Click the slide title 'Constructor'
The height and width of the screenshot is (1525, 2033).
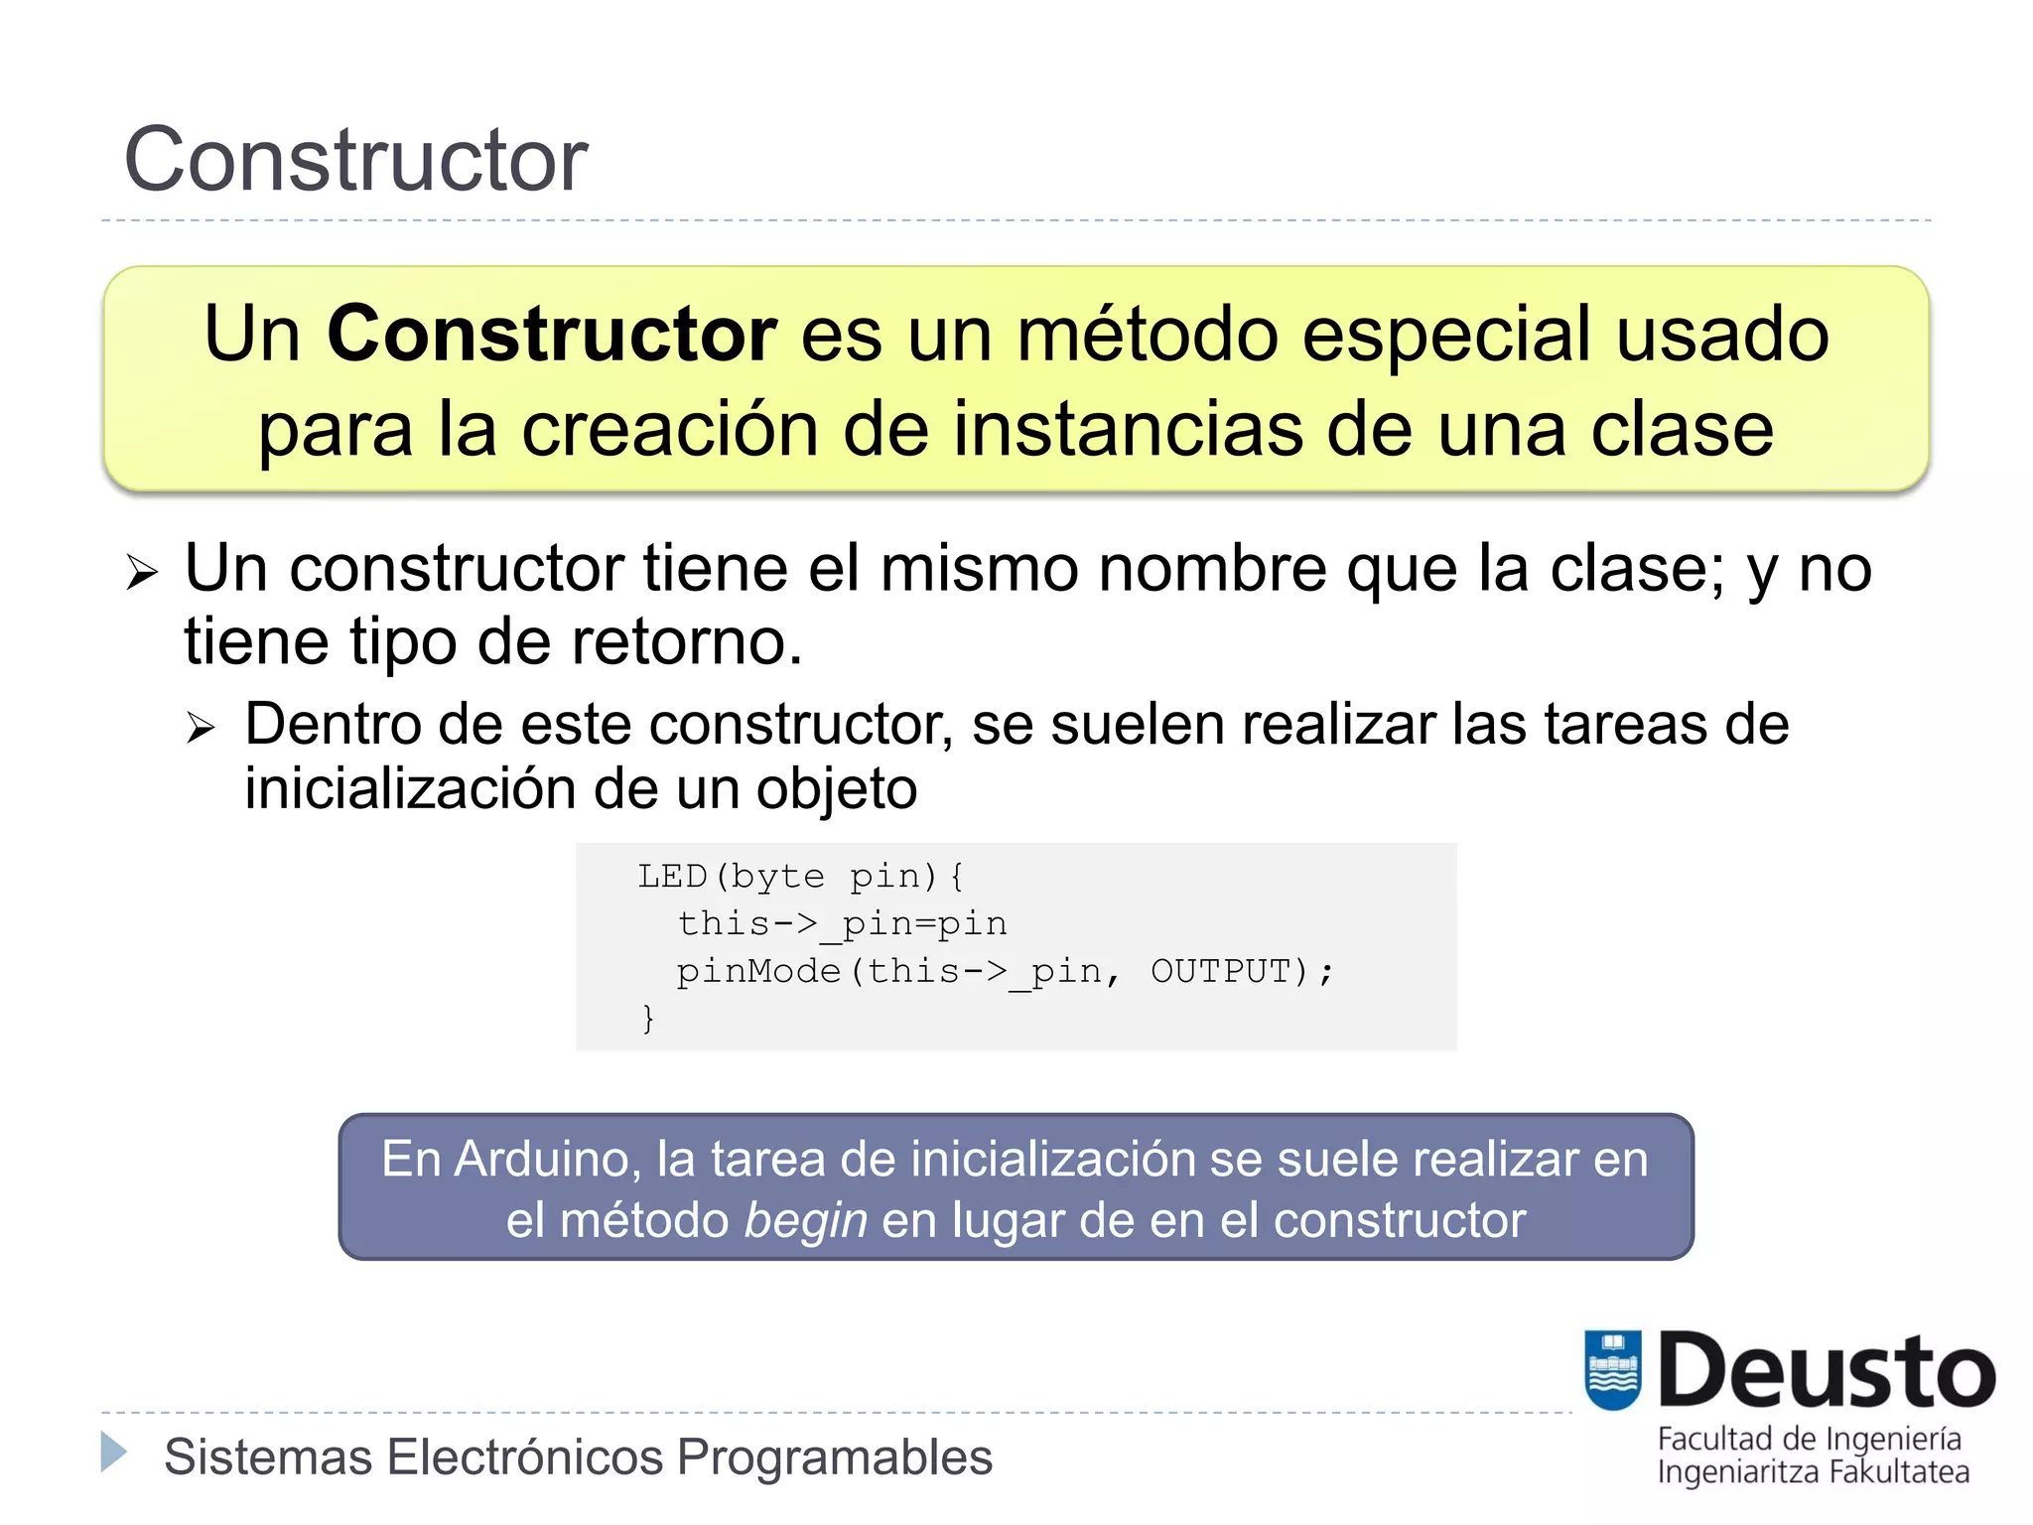(355, 160)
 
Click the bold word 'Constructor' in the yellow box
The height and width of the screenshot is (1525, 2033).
(551, 334)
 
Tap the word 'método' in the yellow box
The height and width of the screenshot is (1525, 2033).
(1148, 334)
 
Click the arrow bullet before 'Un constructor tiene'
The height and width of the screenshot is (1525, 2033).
(142, 572)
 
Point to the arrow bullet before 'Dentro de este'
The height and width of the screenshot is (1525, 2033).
(201, 729)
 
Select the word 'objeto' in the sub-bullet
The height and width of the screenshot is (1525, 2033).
(837, 788)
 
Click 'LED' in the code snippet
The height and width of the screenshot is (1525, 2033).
(672, 876)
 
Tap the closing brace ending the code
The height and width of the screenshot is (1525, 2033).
(648, 1018)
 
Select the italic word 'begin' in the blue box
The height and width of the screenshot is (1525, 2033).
(805, 1220)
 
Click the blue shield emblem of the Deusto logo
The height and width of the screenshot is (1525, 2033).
(1612, 1369)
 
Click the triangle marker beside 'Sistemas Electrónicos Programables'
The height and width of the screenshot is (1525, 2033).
(114, 1453)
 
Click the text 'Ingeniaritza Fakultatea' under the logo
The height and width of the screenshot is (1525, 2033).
(1813, 1471)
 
